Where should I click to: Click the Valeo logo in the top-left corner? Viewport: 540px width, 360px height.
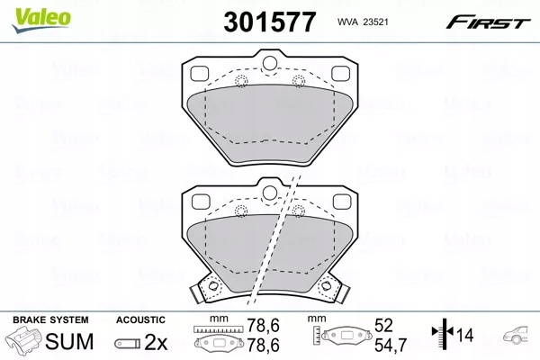pos(26,12)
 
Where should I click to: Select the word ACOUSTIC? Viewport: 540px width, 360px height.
pos(140,319)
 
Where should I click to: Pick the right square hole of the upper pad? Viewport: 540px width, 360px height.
pos(338,73)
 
